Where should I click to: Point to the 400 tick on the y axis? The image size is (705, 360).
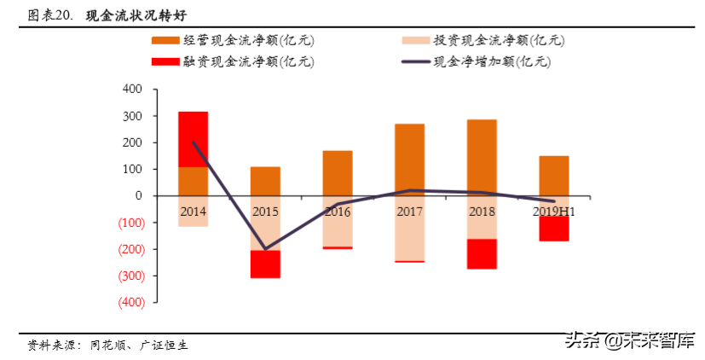pos(133,89)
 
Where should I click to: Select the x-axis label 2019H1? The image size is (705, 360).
pos(553,209)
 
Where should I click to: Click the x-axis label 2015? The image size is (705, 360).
pos(265,209)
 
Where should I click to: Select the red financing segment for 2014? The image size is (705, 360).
pos(193,139)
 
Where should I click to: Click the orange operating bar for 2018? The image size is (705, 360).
pos(482,158)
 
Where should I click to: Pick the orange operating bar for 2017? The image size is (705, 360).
pos(409,160)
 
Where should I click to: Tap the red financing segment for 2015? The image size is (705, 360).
pos(265,264)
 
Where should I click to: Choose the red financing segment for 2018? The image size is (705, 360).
pos(482,253)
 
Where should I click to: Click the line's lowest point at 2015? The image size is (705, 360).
pos(265,249)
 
